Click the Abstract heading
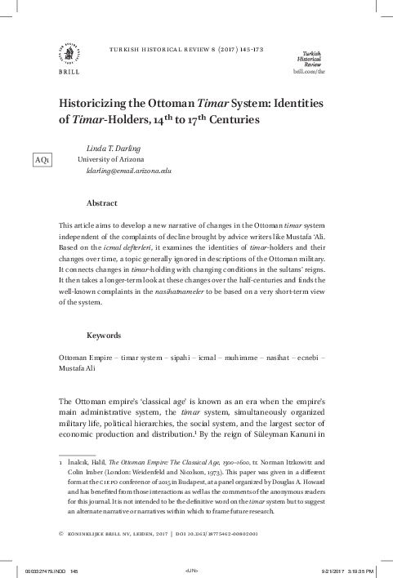click(101, 202)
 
